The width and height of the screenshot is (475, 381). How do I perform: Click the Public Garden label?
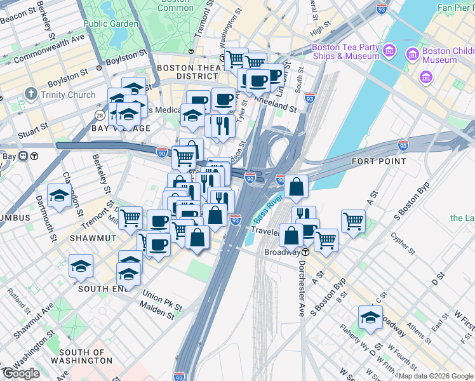point(110,23)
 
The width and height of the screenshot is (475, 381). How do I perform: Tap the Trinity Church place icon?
point(30,95)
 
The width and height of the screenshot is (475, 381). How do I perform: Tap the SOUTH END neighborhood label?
point(99,288)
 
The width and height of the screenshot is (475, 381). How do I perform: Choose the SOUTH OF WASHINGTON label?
point(86,356)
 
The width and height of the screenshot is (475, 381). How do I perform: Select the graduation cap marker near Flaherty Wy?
point(370,318)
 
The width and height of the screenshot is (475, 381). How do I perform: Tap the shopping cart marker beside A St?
point(354,221)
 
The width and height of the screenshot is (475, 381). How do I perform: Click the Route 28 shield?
point(100,114)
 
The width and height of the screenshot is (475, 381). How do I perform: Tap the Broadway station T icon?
point(305,252)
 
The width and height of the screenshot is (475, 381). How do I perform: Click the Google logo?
point(21,373)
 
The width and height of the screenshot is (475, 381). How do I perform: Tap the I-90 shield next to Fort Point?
point(403,145)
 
